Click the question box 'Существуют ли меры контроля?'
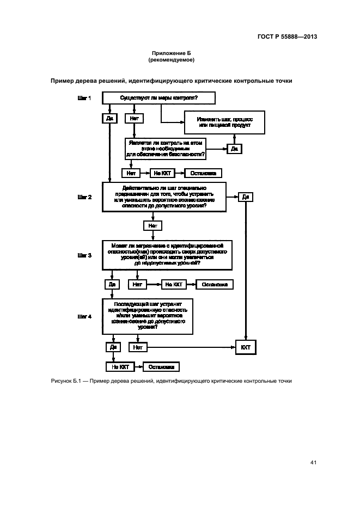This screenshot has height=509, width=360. pyautogui.click(x=158, y=98)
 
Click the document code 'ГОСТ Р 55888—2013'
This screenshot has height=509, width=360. pyautogui.click(x=288, y=37)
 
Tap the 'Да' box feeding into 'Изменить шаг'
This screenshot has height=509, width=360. pyautogui.click(x=234, y=149)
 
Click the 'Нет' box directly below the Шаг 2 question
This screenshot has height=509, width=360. pyautogui.click(x=153, y=225)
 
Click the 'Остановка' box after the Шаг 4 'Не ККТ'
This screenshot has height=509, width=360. pyautogui.click(x=161, y=367)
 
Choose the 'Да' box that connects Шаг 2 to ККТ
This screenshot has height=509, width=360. pyautogui.click(x=246, y=197)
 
